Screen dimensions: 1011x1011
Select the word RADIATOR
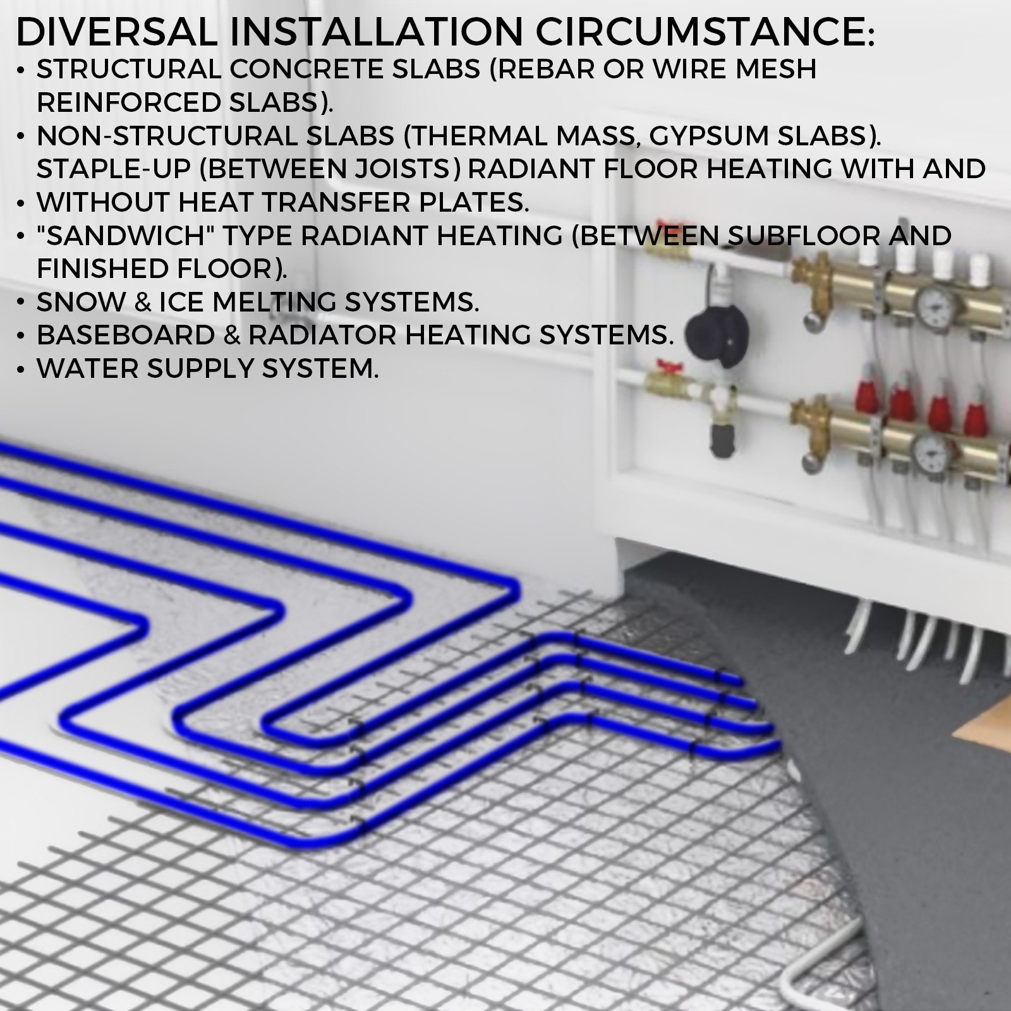[322, 335]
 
